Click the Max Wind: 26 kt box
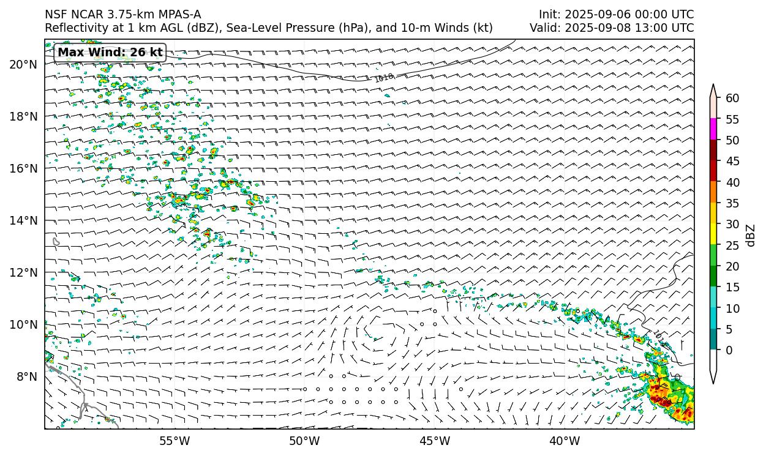110,53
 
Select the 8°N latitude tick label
26,376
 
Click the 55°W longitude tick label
175,441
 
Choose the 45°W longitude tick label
435,441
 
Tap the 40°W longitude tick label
565,441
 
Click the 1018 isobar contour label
384,77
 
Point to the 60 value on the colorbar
732,98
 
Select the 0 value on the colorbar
729,351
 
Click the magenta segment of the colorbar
713,129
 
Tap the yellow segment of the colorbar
713,234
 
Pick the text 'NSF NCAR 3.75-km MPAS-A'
122,15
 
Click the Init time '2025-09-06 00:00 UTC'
629,15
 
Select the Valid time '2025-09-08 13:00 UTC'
634,28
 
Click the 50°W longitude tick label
304,441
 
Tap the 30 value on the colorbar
732,224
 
